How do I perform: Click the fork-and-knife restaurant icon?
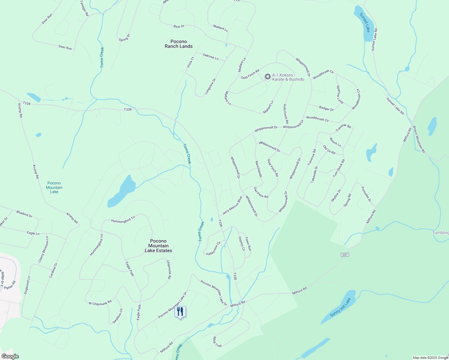(x=180, y=312)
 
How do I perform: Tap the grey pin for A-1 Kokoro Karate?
(x=267, y=77)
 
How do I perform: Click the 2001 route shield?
(x=345, y=255)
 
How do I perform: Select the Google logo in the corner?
(x=10, y=356)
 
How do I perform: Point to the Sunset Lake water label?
(x=365, y=22)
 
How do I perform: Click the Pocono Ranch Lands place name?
(x=179, y=44)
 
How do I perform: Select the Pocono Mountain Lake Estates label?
(x=158, y=246)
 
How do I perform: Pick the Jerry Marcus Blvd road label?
(x=232, y=206)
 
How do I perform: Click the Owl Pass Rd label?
(x=261, y=193)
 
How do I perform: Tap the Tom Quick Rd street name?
(x=339, y=168)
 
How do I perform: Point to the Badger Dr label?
(x=326, y=109)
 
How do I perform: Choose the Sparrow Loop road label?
(x=340, y=94)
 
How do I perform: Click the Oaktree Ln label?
(x=210, y=56)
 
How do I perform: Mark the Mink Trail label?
(x=217, y=342)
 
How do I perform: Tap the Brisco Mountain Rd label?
(x=419, y=139)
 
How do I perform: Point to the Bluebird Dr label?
(x=24, y=214)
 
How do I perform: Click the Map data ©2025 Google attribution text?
(x=430, y=358)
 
